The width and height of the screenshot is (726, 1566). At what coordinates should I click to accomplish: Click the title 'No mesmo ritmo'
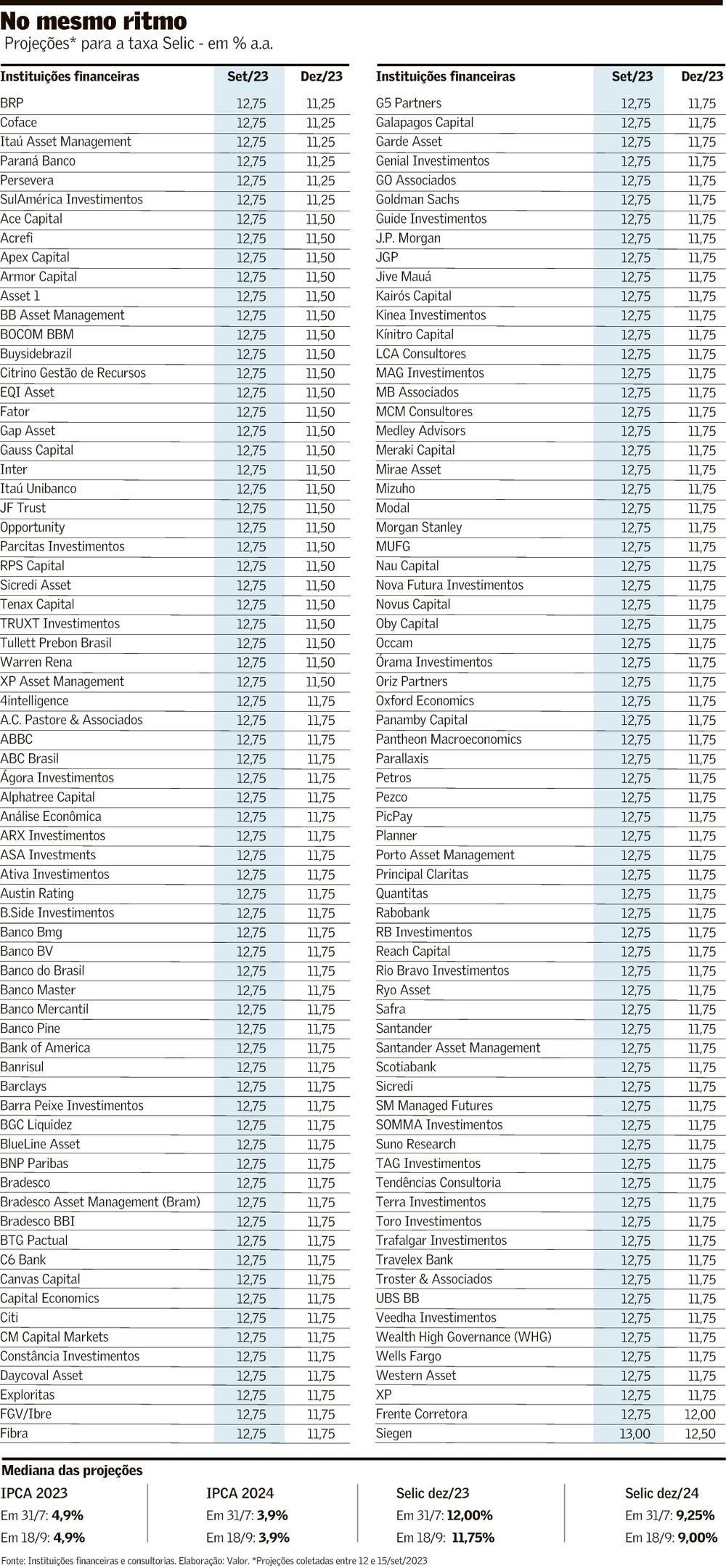[x=93, y=20]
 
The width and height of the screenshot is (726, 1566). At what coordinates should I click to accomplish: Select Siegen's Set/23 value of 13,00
[x=635, y=1433]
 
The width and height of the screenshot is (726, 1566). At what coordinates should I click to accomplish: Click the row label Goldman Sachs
[x=417, y=199]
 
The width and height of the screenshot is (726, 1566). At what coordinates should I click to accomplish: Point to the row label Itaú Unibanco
[x=38, y=489]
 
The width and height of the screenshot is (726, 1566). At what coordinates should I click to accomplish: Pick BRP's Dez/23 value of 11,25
[x=320, y=103]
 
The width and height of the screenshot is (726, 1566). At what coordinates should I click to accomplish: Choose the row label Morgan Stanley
[x=419, y=527]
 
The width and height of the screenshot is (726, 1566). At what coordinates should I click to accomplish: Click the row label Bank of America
[x=45, y=1047]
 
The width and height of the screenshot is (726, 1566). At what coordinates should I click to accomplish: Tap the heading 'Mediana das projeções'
[x=72, y=1470]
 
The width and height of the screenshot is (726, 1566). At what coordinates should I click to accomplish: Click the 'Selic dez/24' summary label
[x=661, y=1493]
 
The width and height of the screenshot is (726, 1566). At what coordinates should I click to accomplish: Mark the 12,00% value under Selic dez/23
[x=470, y=1515]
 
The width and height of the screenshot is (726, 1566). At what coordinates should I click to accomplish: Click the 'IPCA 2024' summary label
[x=240, y=1493]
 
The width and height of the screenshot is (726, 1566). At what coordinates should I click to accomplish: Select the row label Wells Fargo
[x=408, y=1356]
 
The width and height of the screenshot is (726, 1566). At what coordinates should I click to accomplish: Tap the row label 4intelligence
[x=34, y=701]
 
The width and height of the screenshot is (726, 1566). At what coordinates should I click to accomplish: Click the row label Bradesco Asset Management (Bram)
[x=100, y=1202]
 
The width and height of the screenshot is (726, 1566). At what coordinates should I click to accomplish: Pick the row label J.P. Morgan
[x=408, y=238]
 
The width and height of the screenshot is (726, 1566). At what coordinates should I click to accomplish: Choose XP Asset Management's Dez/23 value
[x=320, y=681]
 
